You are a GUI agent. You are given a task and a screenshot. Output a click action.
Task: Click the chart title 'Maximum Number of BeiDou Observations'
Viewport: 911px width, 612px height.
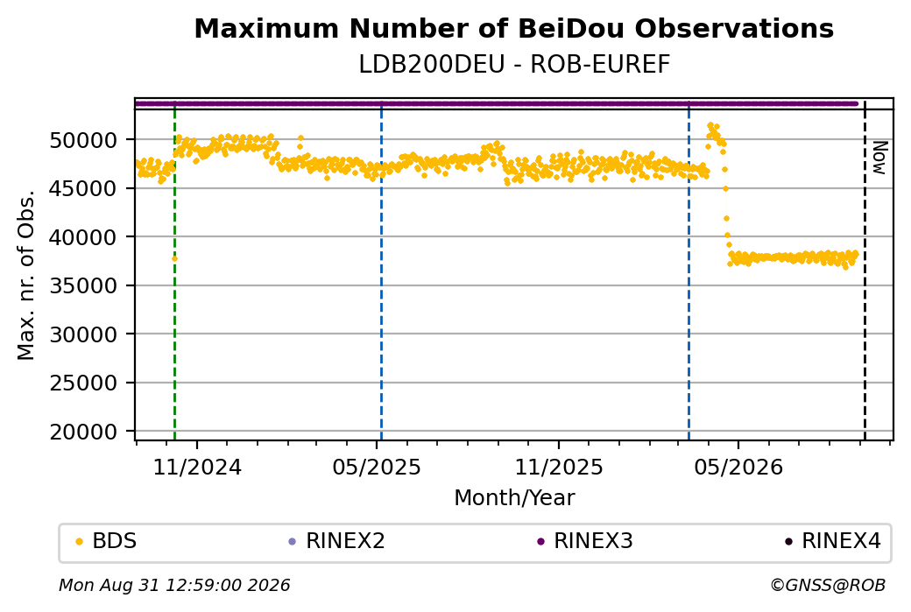coord(513,28)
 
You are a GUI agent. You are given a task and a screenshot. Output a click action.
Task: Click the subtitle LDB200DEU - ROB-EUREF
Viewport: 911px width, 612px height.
coord(514,64)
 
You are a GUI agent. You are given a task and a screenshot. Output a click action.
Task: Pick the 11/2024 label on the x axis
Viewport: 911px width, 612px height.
coord(197,467)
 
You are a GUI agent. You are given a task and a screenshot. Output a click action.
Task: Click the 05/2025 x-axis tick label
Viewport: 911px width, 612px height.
coord(377,467)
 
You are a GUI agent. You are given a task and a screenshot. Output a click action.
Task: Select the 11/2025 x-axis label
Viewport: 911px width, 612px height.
coord(559,467)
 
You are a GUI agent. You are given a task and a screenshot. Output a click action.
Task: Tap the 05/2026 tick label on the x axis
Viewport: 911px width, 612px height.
coord(738,467)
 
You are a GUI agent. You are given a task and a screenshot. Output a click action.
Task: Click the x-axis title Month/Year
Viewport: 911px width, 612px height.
coord(514,497)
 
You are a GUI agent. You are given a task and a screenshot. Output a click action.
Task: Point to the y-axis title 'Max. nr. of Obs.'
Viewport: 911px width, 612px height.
coord(26,275)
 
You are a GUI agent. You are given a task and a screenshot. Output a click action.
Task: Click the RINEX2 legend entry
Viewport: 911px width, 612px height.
coord(337,541)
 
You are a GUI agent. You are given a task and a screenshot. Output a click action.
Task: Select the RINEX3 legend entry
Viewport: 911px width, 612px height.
coord(585,541)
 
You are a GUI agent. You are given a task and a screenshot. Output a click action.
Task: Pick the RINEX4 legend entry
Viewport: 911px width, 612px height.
coord(833,541)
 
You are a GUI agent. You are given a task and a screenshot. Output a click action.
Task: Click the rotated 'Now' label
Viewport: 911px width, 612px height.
coord(879,158)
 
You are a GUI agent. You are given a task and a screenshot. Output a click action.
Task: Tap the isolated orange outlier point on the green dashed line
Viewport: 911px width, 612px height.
coord(174,259)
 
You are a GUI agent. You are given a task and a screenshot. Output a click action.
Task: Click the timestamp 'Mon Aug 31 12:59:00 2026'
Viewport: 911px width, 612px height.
coord(174,585)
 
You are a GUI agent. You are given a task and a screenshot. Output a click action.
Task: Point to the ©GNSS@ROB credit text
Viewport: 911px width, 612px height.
coord(828,585)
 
